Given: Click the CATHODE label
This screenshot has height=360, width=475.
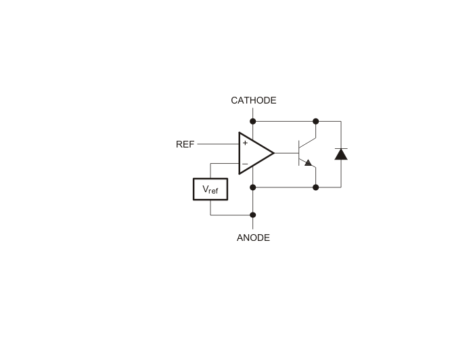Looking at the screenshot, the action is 254,100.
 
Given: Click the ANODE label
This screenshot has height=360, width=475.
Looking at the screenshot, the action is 253,238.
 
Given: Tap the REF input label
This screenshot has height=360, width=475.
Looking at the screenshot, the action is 185,144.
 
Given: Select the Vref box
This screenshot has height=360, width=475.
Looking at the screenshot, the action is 210,189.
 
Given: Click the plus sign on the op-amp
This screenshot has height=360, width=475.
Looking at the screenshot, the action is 245,143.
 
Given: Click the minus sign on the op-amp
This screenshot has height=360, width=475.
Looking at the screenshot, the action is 245,164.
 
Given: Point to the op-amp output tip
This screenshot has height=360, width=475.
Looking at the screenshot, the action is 274,153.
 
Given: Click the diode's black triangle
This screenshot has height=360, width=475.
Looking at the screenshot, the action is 341,154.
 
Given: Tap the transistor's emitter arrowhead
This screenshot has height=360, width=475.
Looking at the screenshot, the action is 308,162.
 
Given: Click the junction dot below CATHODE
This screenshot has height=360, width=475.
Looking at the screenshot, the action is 253,122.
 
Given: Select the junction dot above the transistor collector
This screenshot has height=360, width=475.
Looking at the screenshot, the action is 316,122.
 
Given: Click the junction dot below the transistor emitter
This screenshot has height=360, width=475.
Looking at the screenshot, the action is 316,187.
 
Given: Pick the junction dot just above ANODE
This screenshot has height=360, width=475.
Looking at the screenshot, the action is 253,215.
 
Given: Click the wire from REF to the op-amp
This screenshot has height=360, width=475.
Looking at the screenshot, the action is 218,144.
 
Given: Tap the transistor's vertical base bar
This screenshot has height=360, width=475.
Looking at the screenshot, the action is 298,153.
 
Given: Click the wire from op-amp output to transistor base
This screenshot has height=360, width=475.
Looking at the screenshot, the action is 287,153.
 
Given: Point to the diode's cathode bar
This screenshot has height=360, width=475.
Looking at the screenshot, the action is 341,148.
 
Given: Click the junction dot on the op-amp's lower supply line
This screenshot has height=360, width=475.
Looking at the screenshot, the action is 253,187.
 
